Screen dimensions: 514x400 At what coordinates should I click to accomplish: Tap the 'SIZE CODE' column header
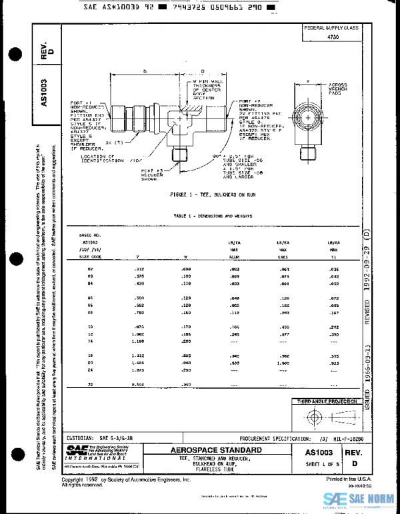[x=90, y=254]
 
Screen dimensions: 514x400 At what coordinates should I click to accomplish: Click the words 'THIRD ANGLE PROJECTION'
[x=327, y=402]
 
